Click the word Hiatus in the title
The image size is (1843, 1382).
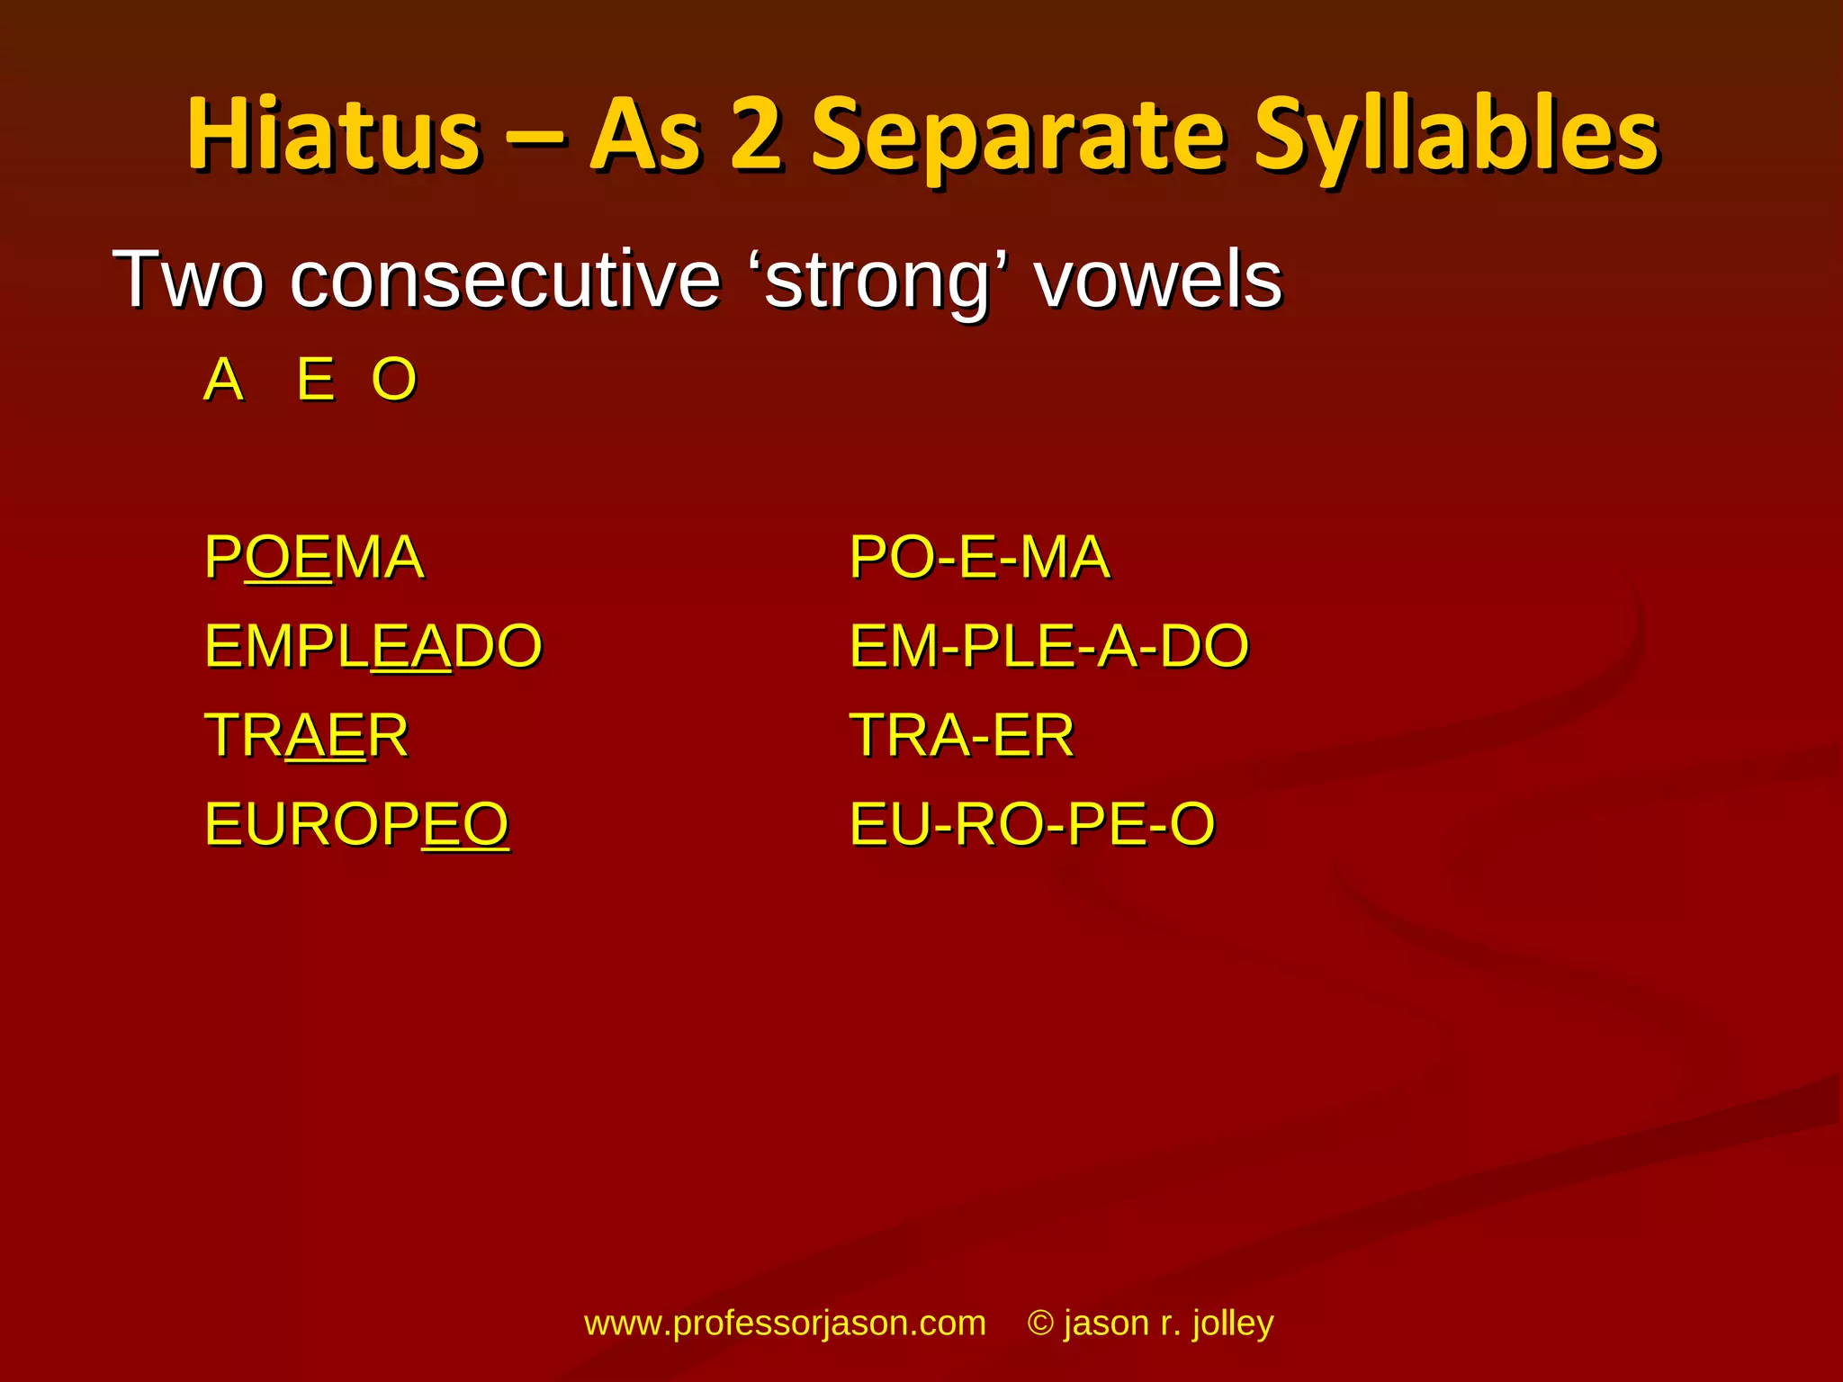point(333,135)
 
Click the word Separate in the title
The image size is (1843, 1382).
point(1017,135)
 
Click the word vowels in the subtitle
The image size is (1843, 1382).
point(1158,281)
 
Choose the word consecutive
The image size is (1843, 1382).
point(505,281)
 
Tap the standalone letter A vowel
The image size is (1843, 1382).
point(224,380)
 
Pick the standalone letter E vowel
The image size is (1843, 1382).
point(316,380)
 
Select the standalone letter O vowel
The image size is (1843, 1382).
point(394,380)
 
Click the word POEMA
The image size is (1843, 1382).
point(314,557)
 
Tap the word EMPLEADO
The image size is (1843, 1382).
point(373,646)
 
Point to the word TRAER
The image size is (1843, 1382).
point(307,735)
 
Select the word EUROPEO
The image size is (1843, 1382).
point(357,824)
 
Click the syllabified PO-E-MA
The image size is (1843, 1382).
point(979,557)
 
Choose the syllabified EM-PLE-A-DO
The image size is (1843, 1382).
point(1049,646)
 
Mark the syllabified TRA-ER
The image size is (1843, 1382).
point(962,735)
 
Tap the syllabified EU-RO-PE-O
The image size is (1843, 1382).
point(1032,824)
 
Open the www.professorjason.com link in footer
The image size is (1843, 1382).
point(785,1324)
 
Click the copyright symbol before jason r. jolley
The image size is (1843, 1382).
point(1040,1324)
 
